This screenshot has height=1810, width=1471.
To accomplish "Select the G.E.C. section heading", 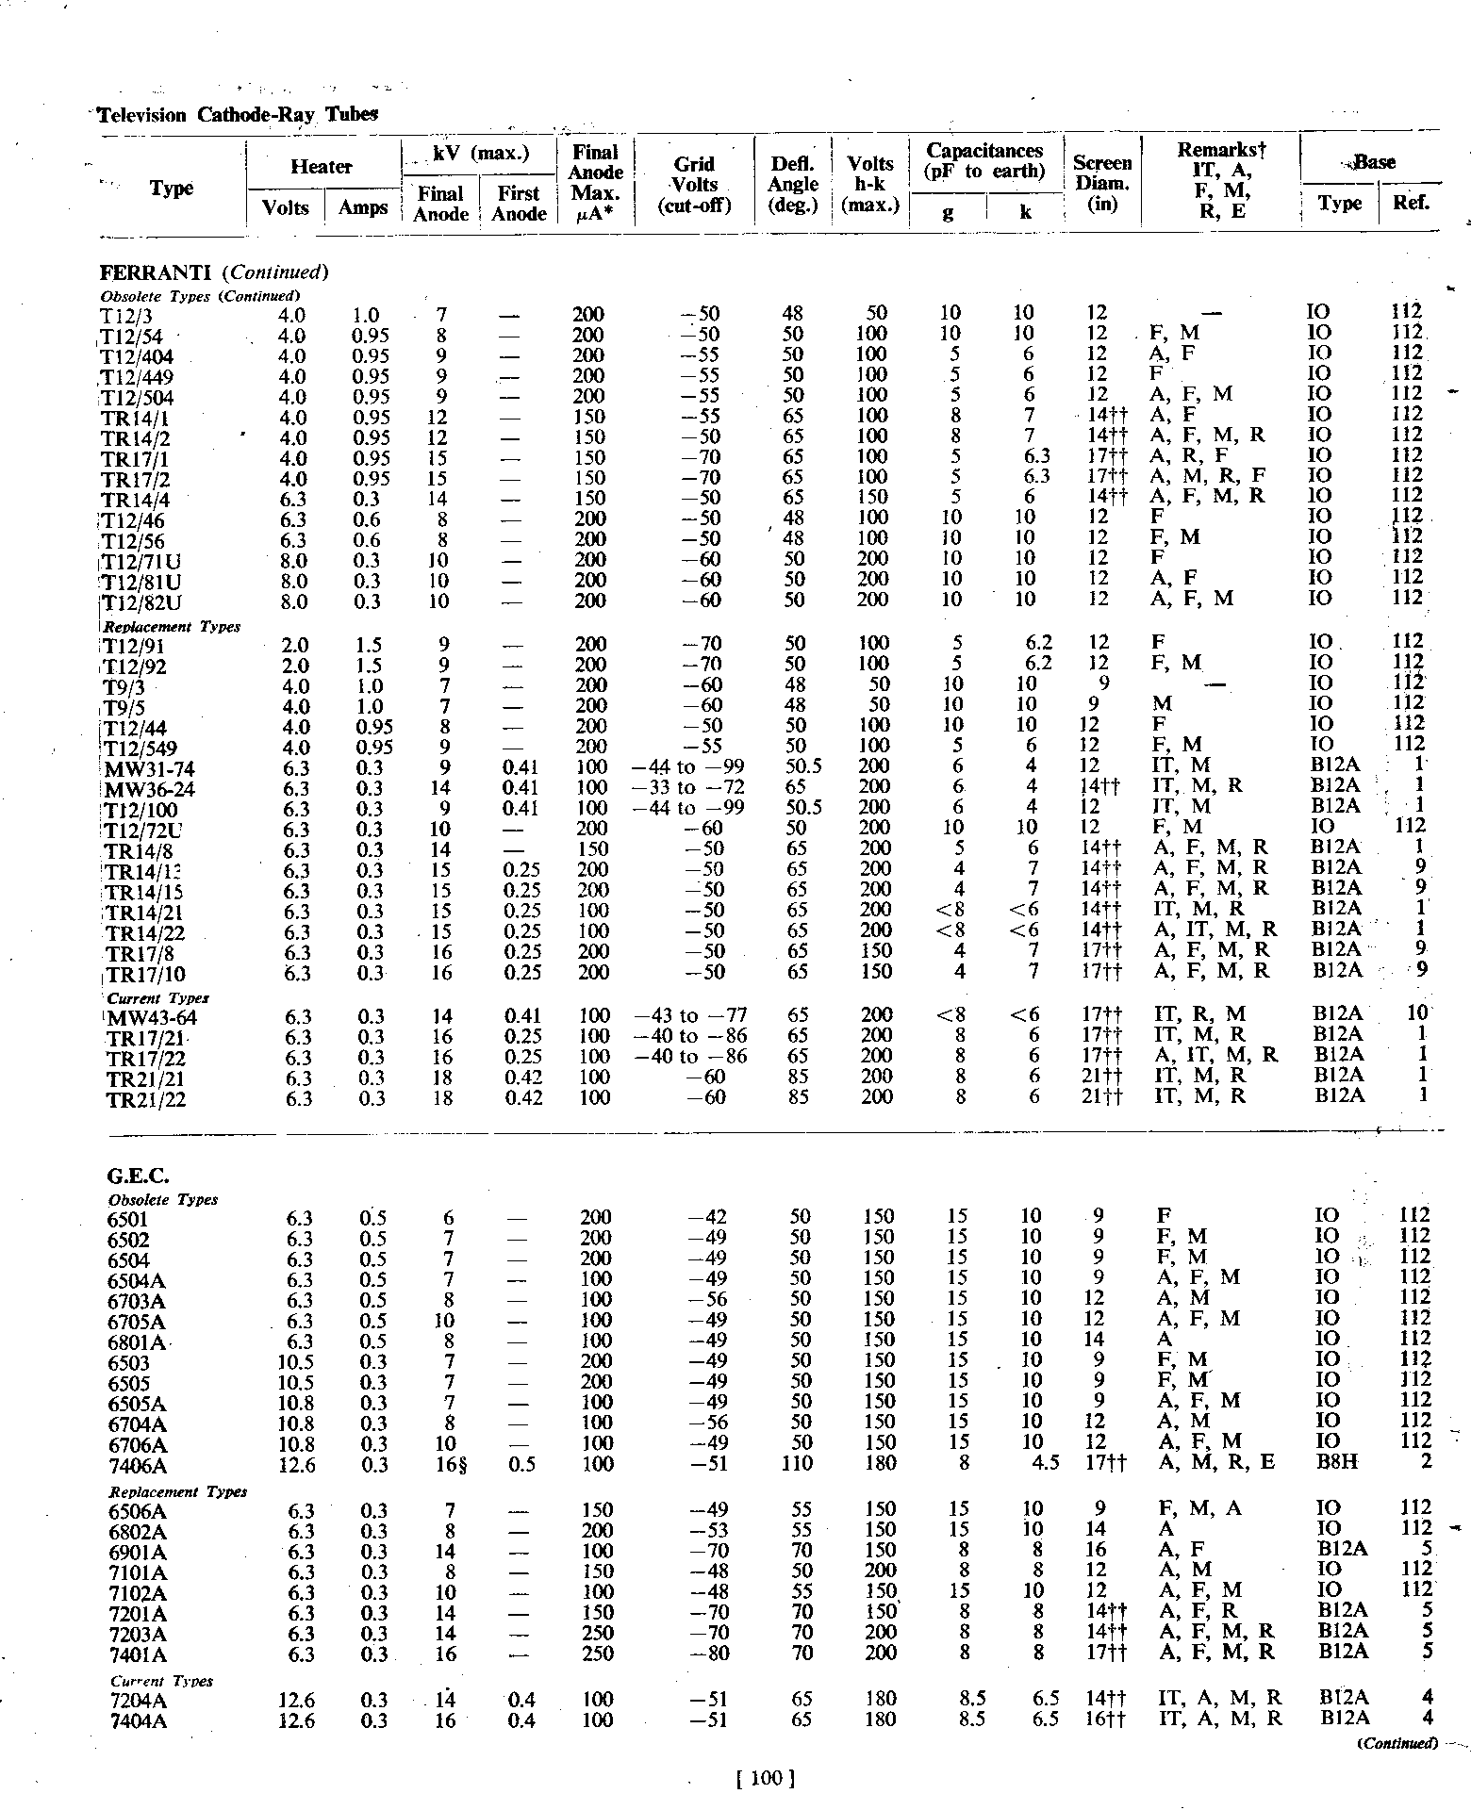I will pos(138,1176).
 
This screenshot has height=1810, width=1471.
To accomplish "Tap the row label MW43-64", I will pos(153,1017).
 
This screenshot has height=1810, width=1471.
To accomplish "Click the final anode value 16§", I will pos(447,1464).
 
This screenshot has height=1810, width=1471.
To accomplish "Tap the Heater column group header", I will pos(321,167).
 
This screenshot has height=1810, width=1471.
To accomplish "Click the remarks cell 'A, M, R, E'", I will pos(1215,1464).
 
